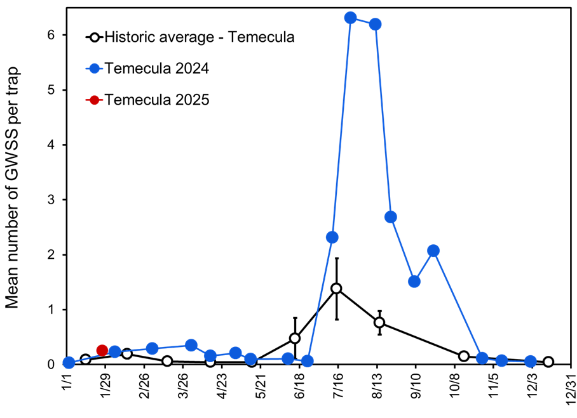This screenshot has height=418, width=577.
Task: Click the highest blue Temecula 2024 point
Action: (350, 18)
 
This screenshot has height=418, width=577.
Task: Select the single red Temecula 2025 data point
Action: (102, 350)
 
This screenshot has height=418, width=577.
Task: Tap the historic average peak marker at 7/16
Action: (336, 289)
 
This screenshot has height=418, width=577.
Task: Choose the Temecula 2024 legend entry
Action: (157, 68)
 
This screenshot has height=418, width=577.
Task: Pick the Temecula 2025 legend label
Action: (157, 100)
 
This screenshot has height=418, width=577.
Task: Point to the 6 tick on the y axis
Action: (53, 35)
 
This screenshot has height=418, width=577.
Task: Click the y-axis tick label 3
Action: (53, 200)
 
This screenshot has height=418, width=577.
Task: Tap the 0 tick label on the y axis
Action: (53, 364)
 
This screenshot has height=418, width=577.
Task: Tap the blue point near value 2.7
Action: (391, 217)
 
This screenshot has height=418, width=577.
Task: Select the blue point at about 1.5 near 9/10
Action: (414, 282)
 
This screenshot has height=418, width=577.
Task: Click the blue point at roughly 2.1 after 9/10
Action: (433, 251)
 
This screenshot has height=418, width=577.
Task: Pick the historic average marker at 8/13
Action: (379, 322)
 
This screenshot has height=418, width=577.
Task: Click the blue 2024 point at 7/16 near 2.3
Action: (332, 237)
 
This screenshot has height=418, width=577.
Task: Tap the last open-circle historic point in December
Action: (548, 362)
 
